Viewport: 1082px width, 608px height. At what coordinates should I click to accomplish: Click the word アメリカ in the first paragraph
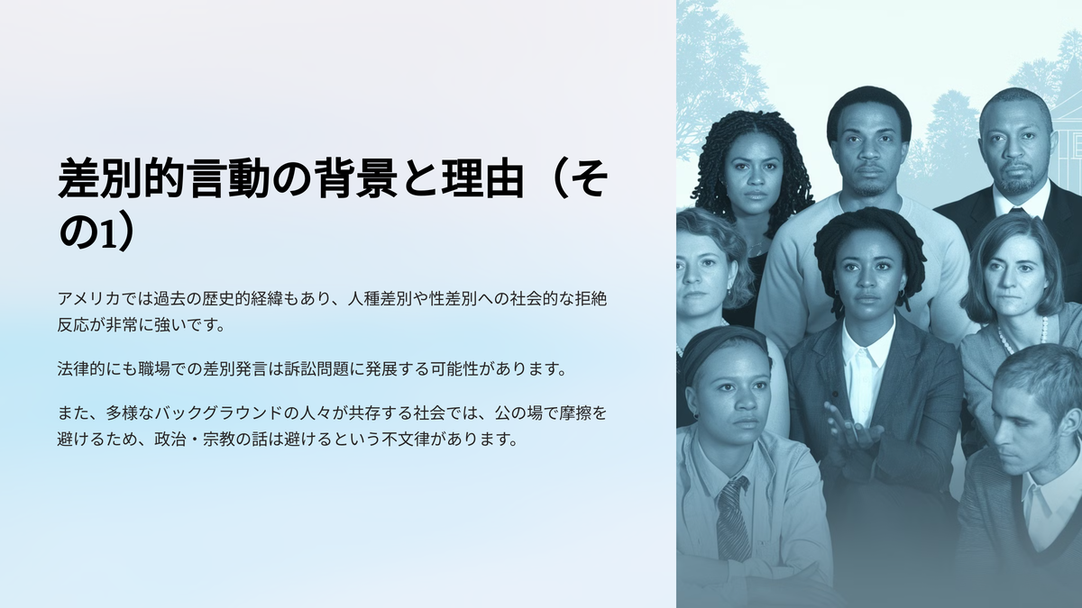coord(89,299)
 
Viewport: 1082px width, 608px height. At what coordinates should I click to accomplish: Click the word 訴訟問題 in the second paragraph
coord(316,369)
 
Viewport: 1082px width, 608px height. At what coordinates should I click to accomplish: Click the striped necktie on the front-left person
coord(733,519)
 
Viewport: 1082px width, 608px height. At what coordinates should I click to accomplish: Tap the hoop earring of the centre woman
coord(902,293)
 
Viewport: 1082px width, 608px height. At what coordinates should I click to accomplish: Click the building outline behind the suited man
coord(1065,140)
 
